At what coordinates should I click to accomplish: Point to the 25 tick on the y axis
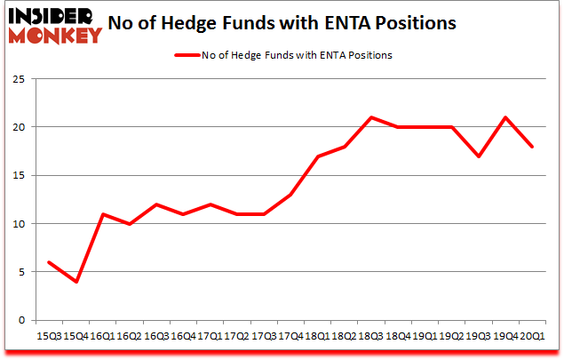[x=17, y=79]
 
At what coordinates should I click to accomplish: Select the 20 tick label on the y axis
[x=17, y=127]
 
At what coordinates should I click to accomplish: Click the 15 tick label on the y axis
[x=17, y=175]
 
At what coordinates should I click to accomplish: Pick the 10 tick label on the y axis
[x=17, y=224]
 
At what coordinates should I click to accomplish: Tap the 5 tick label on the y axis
[x=20, y=272]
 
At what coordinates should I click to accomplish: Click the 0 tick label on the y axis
[x=20, y=320]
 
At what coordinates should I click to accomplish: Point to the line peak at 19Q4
[x=504, y=117]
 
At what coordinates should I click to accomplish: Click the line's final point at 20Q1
[x=531, y=147]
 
